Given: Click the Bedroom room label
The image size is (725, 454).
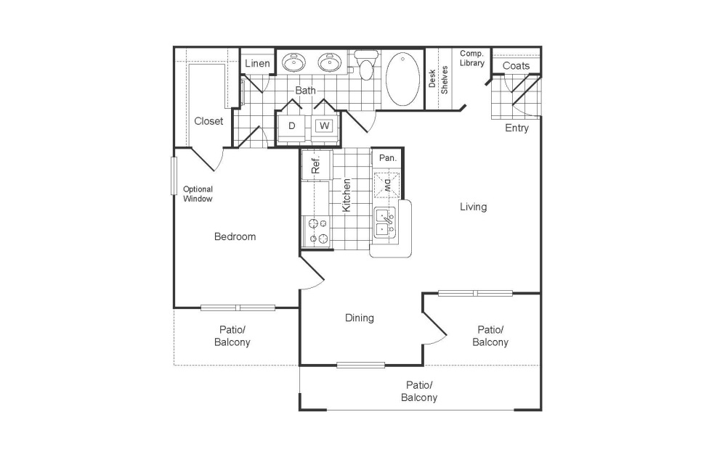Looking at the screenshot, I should point(235,236).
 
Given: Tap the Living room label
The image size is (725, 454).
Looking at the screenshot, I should point(473,207).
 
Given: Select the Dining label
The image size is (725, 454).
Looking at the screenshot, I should point(359,318).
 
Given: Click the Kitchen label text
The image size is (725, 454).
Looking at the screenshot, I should point(347,194).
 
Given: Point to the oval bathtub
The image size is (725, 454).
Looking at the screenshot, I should point(403,78).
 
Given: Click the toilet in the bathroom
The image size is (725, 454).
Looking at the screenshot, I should point(365,67).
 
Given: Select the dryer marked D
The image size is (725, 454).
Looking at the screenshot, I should point(292,125).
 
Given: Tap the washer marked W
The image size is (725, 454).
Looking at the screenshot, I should point(324,125).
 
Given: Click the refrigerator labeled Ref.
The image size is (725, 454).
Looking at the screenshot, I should point(316,165).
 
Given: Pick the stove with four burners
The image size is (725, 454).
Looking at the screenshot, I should point(316,231).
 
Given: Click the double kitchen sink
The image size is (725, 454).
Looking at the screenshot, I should point(384,222).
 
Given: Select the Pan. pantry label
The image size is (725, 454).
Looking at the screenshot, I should point(387,157).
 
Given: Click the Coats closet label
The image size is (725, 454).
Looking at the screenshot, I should point(516,66).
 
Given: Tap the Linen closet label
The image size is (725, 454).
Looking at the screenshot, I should point(257,64).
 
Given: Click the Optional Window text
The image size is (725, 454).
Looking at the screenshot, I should point(198,194).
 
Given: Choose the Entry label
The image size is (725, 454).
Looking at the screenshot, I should point(517,128).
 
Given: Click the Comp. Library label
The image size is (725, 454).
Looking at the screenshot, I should point(471,58).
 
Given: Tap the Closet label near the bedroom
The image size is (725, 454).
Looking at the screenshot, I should point(208,121).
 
